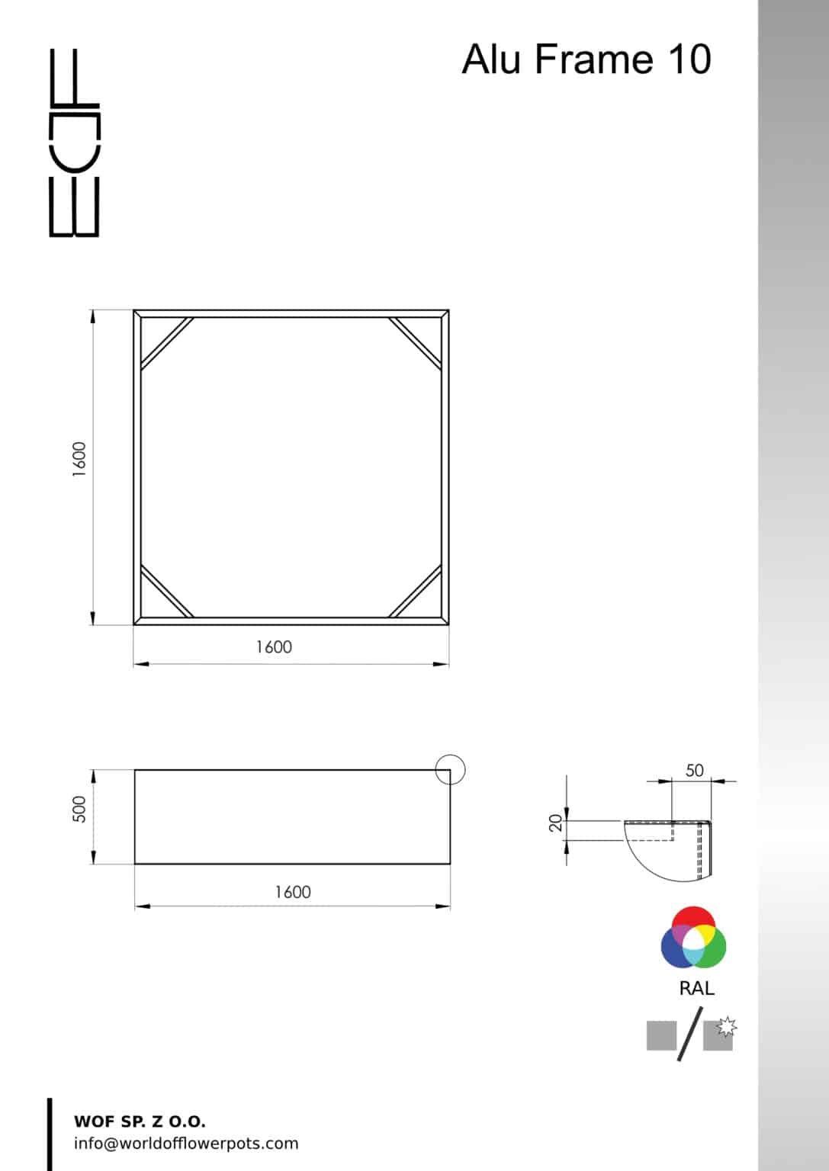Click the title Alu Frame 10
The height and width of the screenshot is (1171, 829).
point(586,59)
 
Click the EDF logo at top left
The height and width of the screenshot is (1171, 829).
point(74,143)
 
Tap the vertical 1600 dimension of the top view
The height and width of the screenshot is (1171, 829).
point(79,460)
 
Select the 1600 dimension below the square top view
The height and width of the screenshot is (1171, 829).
point(274,647)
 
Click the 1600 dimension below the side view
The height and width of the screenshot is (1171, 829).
point(293,892)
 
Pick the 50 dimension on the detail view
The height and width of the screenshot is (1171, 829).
point(694,771)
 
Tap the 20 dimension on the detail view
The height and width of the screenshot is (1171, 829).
point(556,823)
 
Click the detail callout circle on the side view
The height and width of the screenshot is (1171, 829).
point(450,769)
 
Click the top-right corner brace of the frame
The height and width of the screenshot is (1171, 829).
point(416,342)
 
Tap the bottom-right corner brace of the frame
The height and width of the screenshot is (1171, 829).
point(416,591)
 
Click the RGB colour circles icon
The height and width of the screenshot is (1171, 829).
point(693,938)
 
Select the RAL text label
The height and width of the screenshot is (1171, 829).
point(696,989)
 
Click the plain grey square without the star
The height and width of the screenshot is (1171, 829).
point(661,1035)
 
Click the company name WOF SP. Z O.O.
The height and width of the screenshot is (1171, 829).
point(140,1121)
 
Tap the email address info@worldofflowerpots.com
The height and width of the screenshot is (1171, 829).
point(186,1144)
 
